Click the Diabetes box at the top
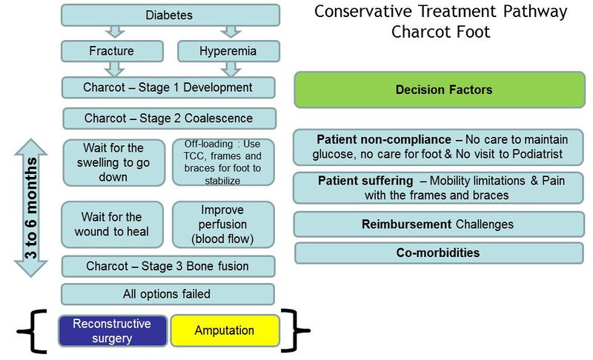170,15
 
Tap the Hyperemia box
229,51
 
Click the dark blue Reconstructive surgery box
113,331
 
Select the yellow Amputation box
225,330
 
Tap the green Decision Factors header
440,90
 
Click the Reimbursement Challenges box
440,224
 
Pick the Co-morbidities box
440,253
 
